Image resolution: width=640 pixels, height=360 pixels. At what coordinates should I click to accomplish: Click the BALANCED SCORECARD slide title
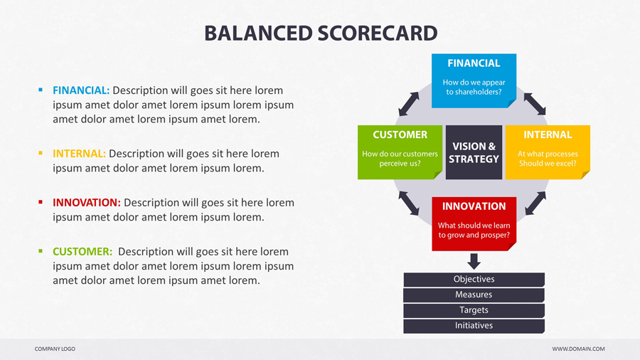coord(321,33)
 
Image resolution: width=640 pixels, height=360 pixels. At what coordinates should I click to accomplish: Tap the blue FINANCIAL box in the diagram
coord(474,81)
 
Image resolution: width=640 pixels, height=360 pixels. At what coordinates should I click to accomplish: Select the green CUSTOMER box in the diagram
coord(400,152)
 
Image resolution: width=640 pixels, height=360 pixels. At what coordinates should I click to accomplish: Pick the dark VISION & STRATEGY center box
coord(474,152)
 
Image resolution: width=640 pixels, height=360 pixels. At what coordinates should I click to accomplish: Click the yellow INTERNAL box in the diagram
coord(548,152)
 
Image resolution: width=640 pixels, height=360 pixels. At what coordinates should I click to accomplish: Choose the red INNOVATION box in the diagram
coord(474,224)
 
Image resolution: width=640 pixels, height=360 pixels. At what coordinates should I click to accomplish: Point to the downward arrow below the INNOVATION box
coord(474,261)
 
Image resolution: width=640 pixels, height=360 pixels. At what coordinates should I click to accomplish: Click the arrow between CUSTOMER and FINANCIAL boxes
coord(409,104)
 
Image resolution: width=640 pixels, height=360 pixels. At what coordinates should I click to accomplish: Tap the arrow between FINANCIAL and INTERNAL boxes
coord(535,104)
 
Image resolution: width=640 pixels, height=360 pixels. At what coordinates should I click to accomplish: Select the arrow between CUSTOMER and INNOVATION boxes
coord(409,203)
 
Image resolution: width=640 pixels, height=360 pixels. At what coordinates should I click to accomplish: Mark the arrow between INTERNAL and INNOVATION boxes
coord(535,203)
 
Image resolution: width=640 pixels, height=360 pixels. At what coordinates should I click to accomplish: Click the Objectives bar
coord(474,280)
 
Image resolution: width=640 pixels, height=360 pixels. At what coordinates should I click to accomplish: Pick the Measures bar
coord(474,295)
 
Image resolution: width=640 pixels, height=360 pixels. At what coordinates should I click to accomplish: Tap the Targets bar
coord(474,311)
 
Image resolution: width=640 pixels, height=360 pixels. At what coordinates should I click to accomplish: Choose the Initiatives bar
coord(474,326)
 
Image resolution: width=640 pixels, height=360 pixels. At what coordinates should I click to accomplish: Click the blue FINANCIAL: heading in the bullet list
coord(81,90)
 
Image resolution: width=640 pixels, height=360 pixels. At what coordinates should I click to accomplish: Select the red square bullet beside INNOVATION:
coord(41,202)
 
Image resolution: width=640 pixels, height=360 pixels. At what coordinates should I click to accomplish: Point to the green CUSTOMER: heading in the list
coord(82,251)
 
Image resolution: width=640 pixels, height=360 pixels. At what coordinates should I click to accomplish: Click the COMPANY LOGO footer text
coord(55,349)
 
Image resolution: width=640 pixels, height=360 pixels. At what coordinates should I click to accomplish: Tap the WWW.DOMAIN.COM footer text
coord(578,349)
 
